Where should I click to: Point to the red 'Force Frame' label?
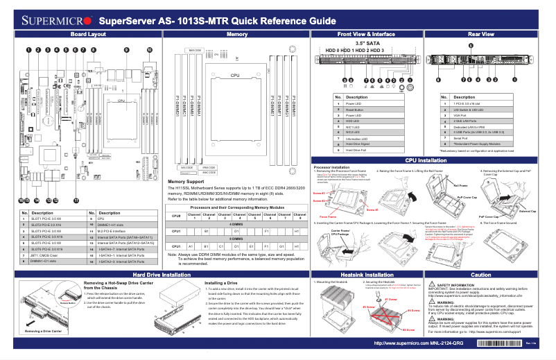[x=328, y=217]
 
